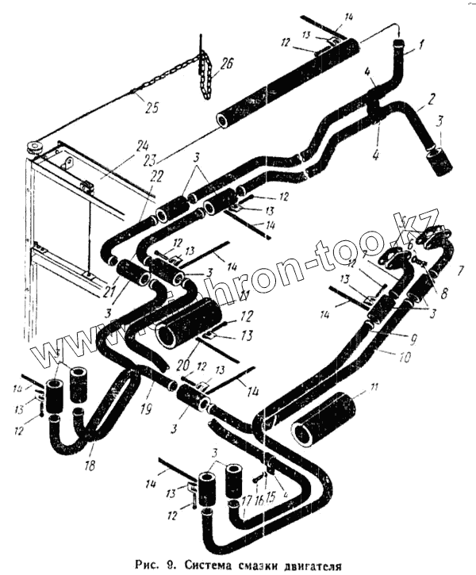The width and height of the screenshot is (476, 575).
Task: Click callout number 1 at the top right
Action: (x=422, y=45)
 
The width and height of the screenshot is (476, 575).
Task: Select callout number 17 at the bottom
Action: (x=246, y=500)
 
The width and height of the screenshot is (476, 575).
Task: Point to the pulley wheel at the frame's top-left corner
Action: (x=34, y=148)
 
